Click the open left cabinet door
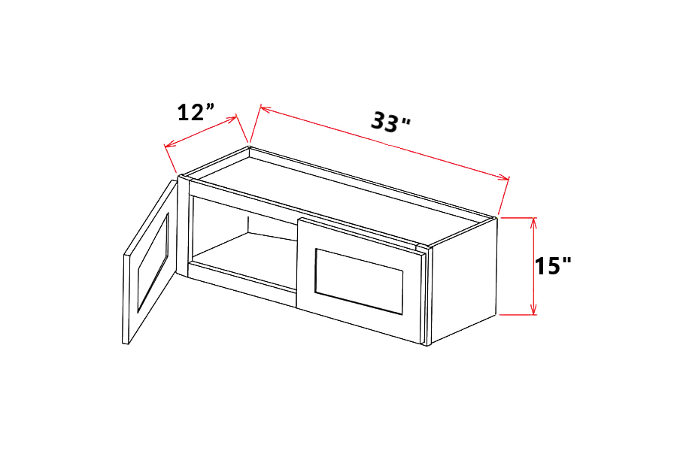click(148, 263)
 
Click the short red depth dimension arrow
click(202, 129)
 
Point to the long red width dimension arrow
click(384, 142)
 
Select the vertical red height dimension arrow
click(533, 265)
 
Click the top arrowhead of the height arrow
click(533, 221)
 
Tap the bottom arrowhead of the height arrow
click(533, 310)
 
